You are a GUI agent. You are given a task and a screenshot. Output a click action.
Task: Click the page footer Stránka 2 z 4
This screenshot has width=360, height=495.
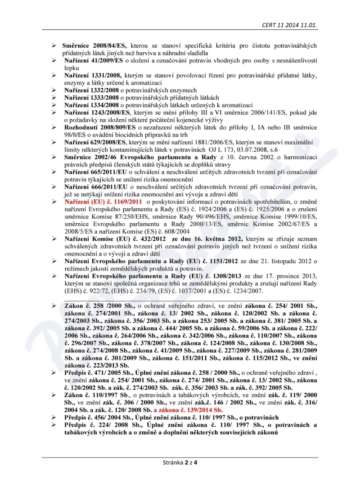click(x=180, y=462)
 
